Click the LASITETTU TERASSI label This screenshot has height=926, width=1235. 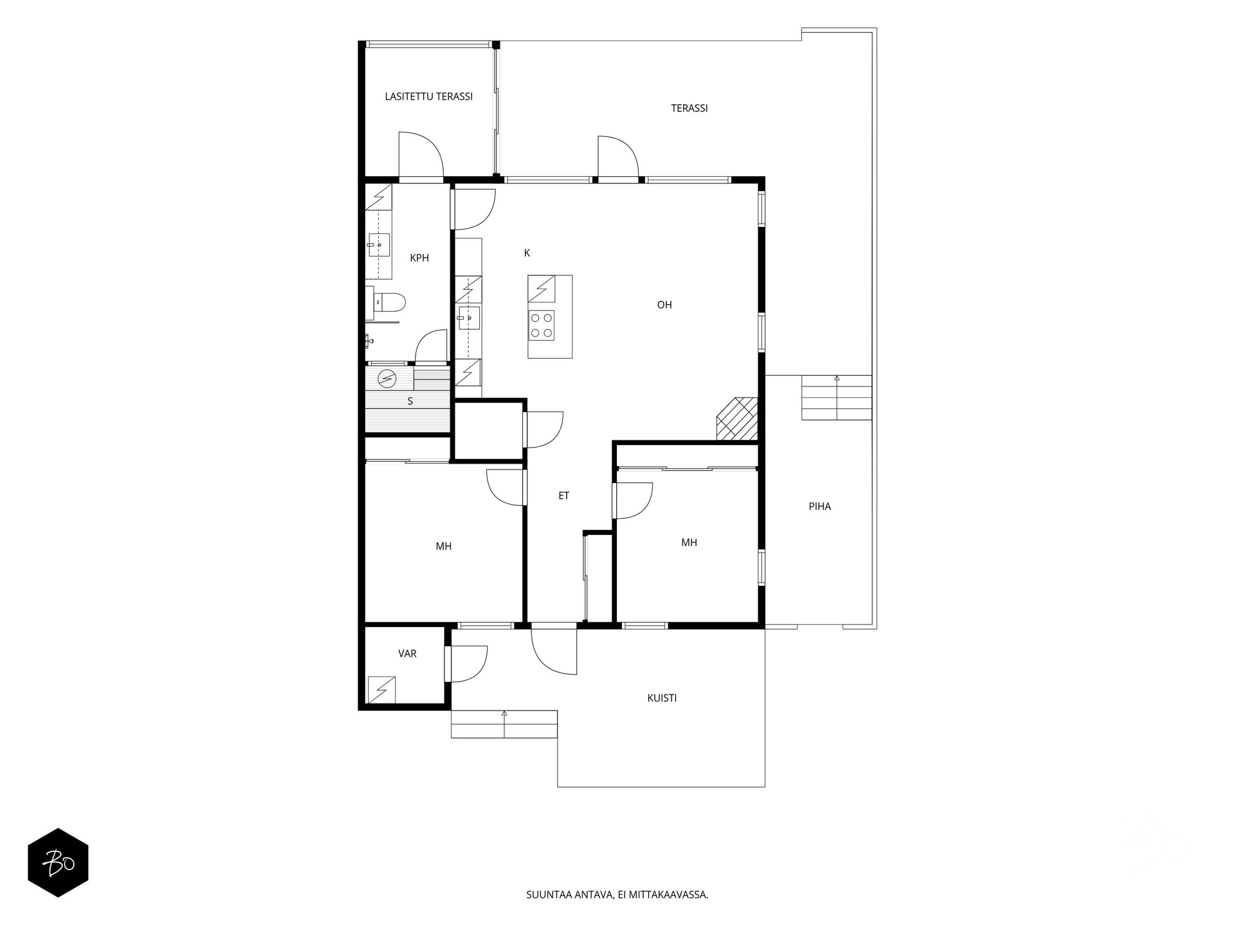coord(428,96)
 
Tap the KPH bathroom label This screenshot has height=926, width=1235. coord(419,258)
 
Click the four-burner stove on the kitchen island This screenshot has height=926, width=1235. coord(541,325)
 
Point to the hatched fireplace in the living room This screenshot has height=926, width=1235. coord(738,419)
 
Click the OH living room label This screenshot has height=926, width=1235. coord(664,305)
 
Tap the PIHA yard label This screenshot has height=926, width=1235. coord(819,507)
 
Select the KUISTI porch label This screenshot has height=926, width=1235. coord(662,698)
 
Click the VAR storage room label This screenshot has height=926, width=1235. coord(407,654)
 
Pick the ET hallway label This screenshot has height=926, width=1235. coord(563,496)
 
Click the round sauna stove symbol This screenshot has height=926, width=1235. coord(387,379)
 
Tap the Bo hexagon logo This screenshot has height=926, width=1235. coord(58,863)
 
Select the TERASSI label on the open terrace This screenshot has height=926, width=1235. coord(689,108)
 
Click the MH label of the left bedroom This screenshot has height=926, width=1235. coord(443,547)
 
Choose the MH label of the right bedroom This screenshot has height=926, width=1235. coord(689,543)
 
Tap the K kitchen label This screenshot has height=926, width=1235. coord(527,253)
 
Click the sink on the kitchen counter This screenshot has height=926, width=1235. coord(469,318)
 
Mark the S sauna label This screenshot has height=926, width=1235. coord(410,401)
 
